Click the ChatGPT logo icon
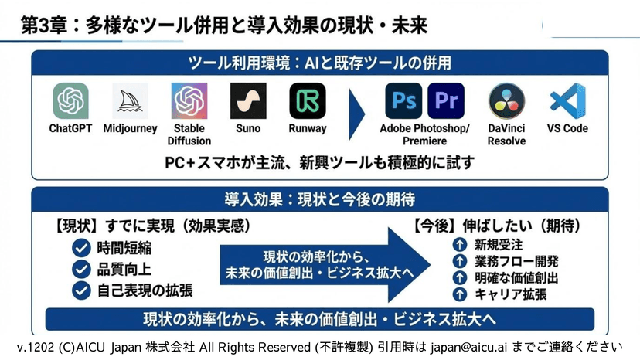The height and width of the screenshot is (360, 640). [x=70, y=100]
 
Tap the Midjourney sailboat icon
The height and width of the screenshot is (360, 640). [x=130, y=100]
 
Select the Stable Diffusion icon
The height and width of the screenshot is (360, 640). [x=189, y=100]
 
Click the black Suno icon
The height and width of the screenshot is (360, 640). [x=248, y=100]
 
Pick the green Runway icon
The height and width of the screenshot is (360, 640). [x=308, y=100]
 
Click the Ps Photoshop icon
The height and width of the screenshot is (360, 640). [x=403, y=100]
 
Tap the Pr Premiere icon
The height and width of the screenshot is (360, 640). [x=446, y=100]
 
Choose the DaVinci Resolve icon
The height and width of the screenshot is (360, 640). [x=507, y=100]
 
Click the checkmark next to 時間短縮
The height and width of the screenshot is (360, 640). [x=81, y=248]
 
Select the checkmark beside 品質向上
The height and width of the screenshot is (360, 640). [x=81, y=269]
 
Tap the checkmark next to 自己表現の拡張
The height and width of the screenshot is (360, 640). [x=81, y=290]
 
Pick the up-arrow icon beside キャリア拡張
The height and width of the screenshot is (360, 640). [x=459, y=294]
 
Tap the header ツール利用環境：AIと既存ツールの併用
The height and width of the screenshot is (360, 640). [x=320, y=63]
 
